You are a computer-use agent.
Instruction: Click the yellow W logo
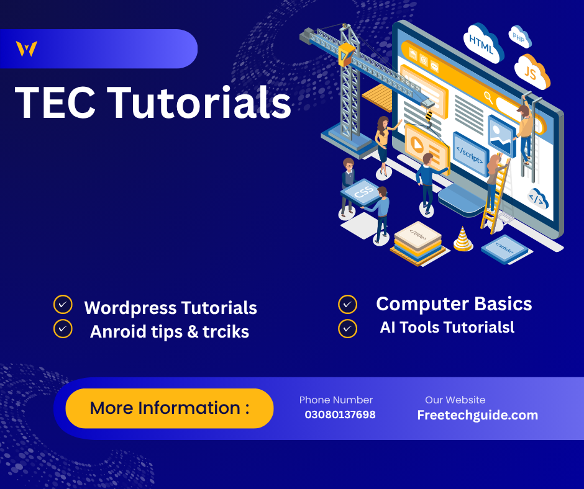(x=27, y=49)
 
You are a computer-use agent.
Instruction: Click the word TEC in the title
(x=55, y=102)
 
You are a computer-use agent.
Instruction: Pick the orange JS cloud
(x=532, y=73)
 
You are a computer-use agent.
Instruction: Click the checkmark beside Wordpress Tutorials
(x=63, y=304)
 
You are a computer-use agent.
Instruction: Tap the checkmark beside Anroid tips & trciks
(x=63, y=328)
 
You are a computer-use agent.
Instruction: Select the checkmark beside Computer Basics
(x=347, y=304)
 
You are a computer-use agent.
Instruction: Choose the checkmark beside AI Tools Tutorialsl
(x=347, y=328)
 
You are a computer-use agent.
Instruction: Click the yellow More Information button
(x=169, y=408)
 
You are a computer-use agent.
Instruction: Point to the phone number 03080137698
(x=340, y=415)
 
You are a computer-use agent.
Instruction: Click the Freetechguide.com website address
(x=477, y=415)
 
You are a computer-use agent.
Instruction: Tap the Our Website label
(x=455, y=400)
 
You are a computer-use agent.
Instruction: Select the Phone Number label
(x=335, y=400)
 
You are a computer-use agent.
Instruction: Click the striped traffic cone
(x=462, y=240)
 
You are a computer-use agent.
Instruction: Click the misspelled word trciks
(x=227, y=332)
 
